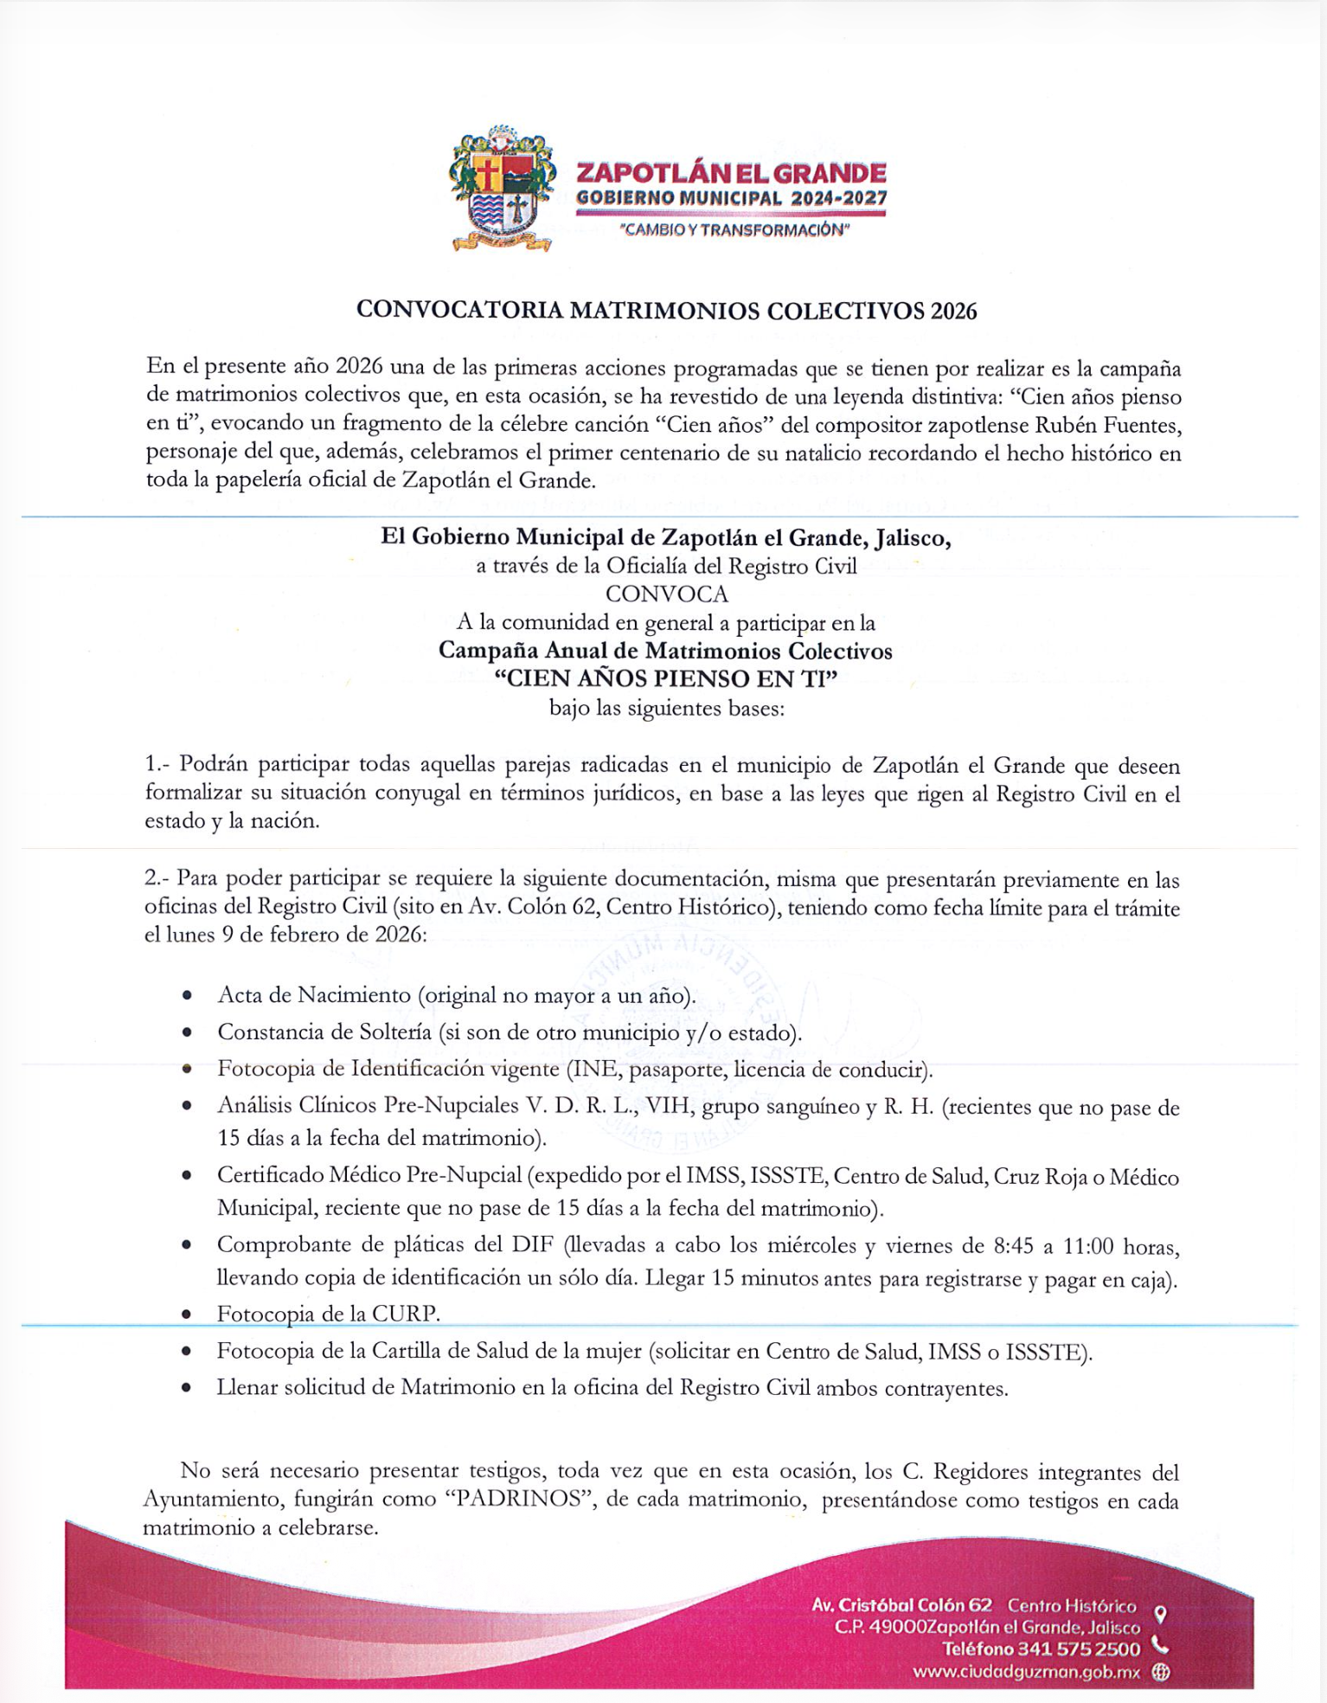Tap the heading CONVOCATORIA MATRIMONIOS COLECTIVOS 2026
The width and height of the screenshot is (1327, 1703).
(666, 311)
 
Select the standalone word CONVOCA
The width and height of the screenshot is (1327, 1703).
(666, 594)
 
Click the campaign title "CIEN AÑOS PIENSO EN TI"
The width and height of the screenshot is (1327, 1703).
(666, 678)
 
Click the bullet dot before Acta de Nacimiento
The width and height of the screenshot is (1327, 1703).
(188, 996)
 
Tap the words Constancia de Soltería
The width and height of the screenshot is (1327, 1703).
(324, 1032)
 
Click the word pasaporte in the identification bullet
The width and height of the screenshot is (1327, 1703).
(683, 1070)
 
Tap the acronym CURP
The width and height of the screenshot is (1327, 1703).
(405, 1314)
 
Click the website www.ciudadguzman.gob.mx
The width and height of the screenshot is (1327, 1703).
(1027, 1672)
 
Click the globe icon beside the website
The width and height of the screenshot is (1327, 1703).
(1161, 1673)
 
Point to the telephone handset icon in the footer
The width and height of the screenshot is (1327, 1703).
(1160, 1647)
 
